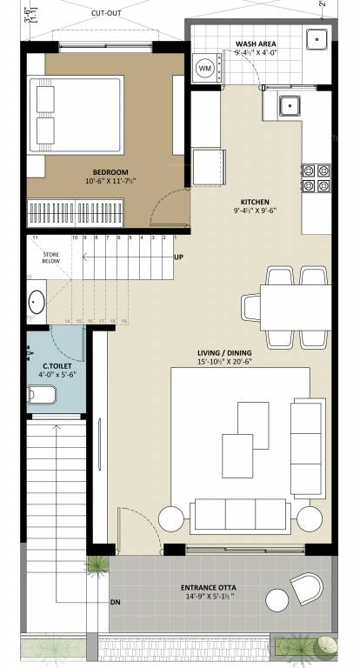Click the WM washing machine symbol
(206, 68)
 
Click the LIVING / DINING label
(223, 353)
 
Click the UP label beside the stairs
(178, 257)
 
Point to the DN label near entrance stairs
(115, 602)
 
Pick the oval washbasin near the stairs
(37, 302)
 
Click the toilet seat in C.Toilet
(41, 396)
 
